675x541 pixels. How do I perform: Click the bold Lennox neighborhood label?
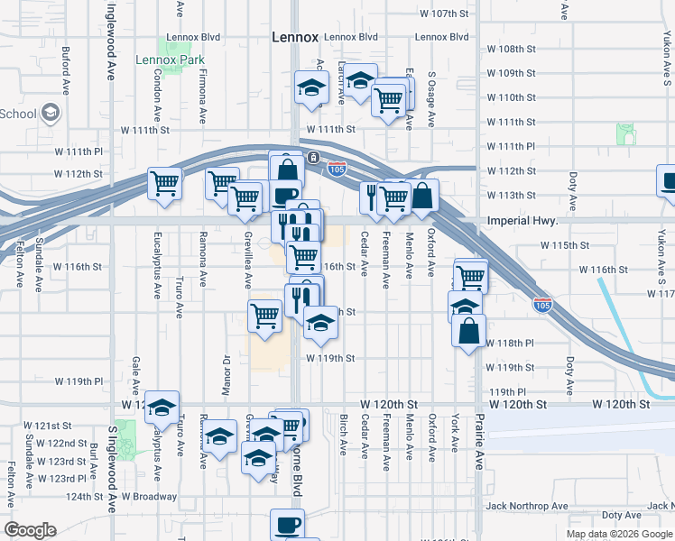coord(294,37)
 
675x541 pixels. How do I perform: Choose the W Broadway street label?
coord(149,496)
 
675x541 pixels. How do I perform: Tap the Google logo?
coord(31,529)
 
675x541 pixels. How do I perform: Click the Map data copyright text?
coord(618,534)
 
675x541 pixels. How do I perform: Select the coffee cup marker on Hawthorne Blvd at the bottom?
coord(288,524)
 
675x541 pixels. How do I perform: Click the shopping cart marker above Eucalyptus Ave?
coord(165,184)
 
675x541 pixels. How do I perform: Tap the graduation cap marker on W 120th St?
coord(162,408)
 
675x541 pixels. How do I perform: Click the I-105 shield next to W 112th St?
coord(337,169)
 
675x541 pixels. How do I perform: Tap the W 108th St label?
coord(511,49)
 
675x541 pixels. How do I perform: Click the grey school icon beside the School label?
coord(50,113)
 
